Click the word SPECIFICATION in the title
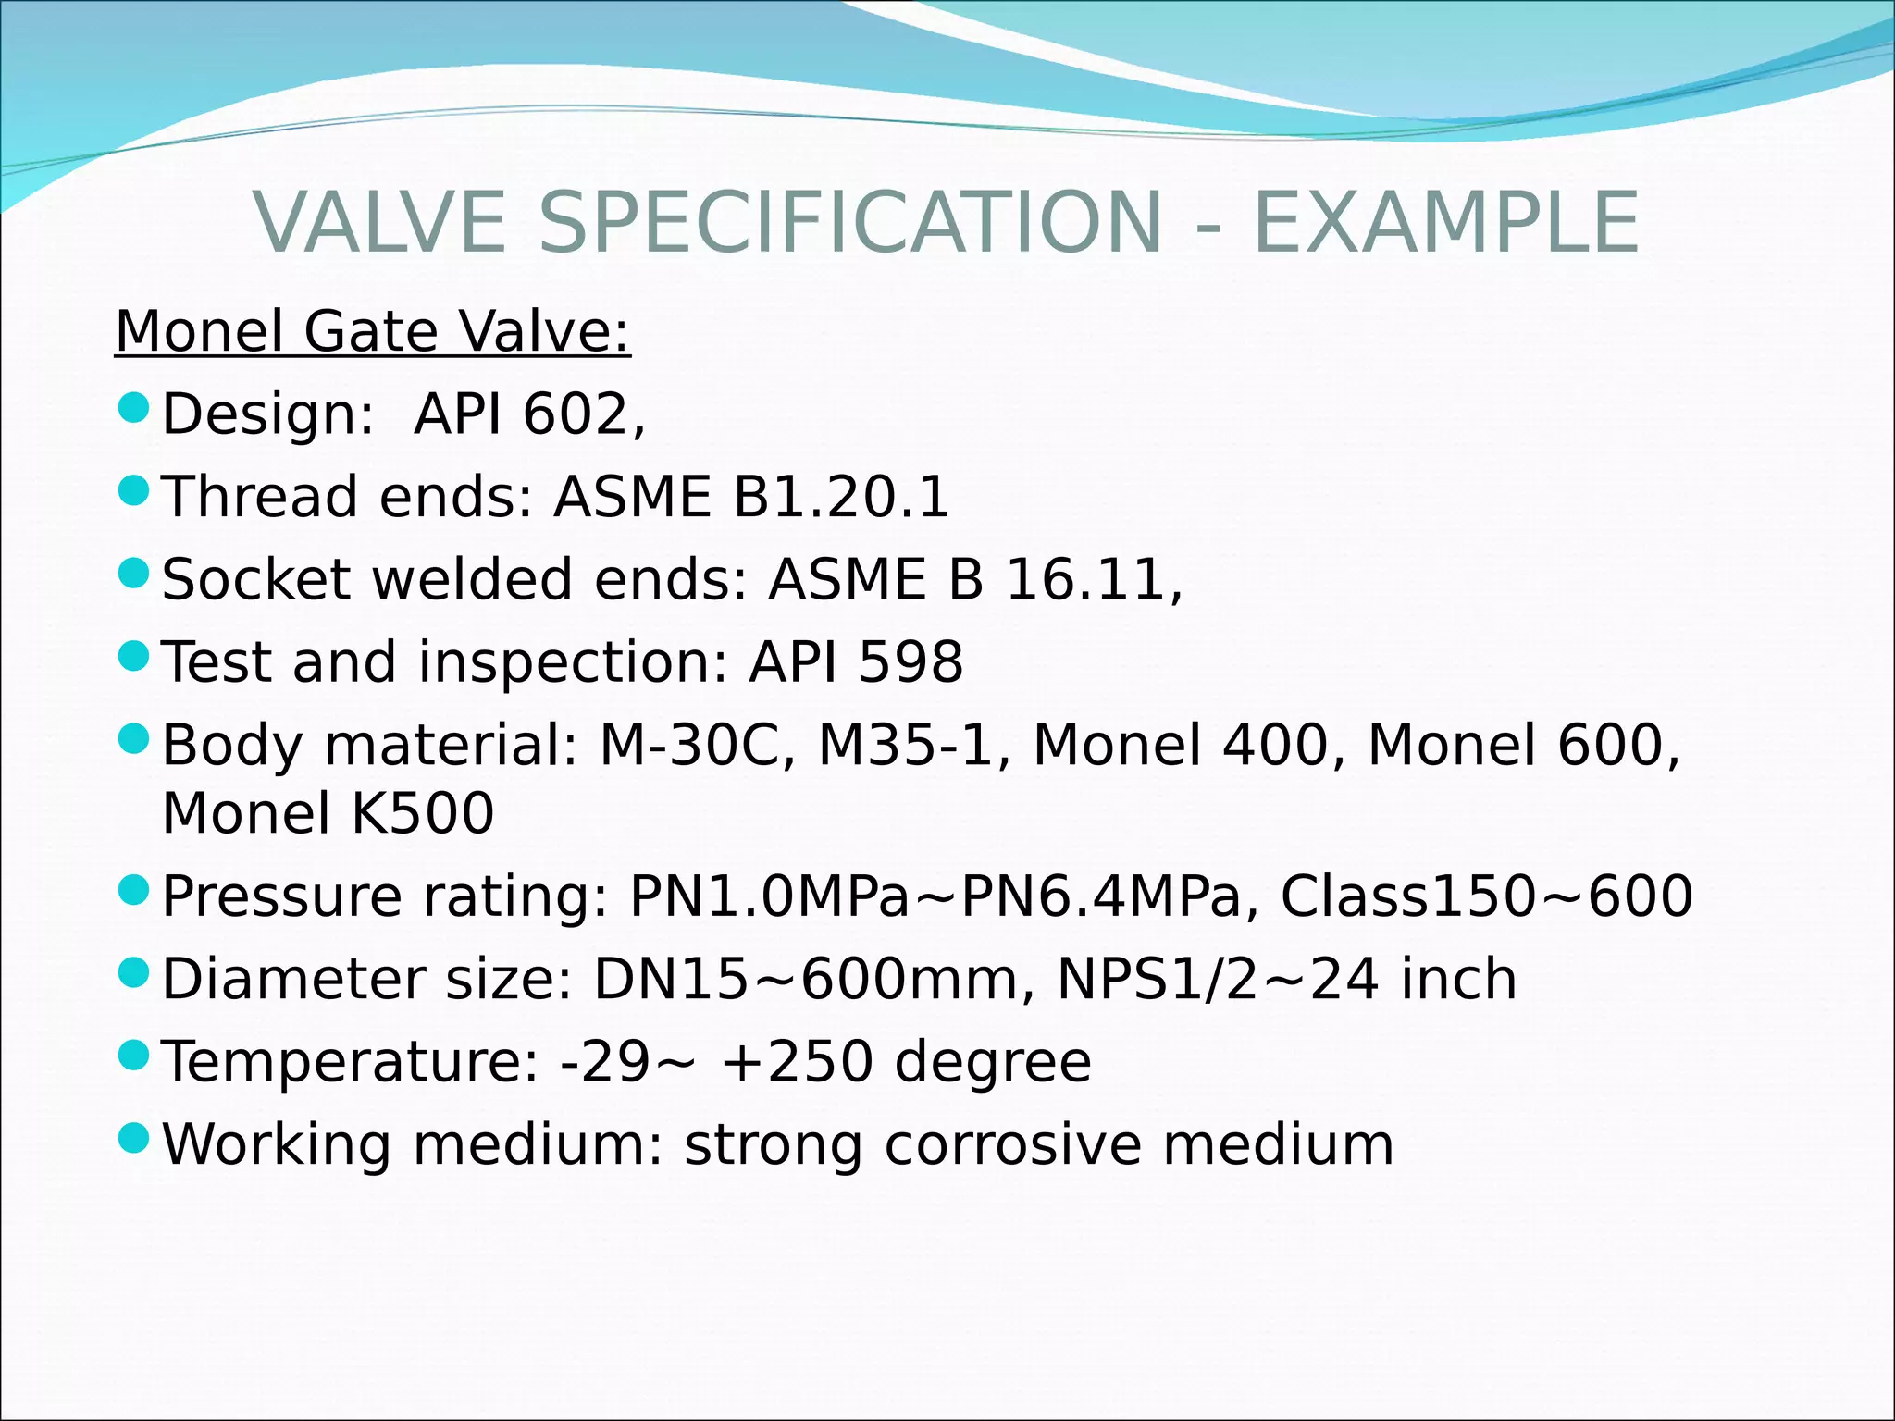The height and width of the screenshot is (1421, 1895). (849, 222)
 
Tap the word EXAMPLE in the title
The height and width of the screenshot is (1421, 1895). (1445, 222)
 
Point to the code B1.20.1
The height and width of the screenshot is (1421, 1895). (841, 497)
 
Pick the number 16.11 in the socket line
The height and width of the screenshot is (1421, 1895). (1084, 580)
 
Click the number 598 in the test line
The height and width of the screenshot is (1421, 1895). (910, 662)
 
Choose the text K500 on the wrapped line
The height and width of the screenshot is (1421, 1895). (422, 813)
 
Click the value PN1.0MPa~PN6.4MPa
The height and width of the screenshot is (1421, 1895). (935, 896)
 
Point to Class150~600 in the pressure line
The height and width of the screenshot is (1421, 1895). (1486, 896)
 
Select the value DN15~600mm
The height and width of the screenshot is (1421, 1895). (805, 979)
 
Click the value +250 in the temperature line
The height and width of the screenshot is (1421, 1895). (796, 1061)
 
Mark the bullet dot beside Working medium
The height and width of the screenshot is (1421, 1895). (135, 1137)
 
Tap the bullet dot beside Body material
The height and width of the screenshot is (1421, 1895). (135, 737)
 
